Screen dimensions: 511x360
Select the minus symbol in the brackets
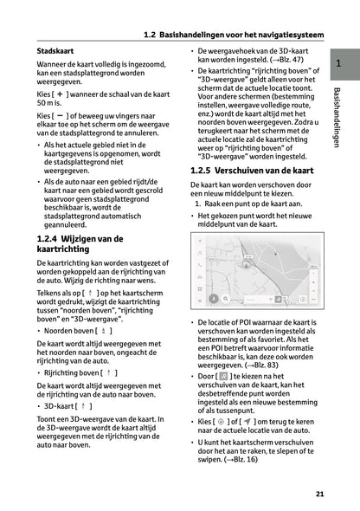60,113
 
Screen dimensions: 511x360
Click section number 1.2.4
48,238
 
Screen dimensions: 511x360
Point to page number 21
319,494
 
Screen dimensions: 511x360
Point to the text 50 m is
50,103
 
